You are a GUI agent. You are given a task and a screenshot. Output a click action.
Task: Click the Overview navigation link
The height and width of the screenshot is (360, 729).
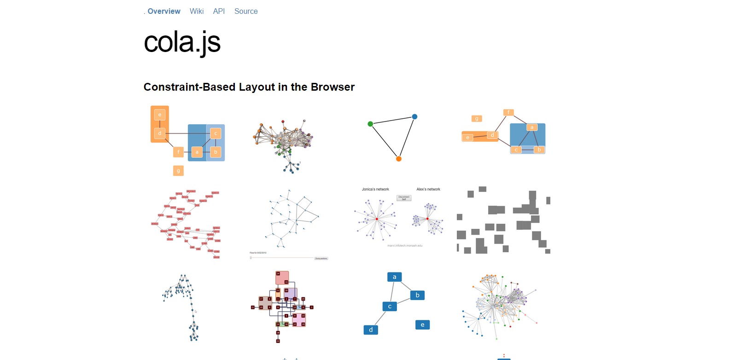pyautogui.click(x=164, y=12)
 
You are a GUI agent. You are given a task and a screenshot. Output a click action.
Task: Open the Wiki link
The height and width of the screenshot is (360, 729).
pyautogui.click(x=197, y=12)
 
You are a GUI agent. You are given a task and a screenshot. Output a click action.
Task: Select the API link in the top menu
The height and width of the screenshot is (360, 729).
pyautogui.click(x=219, y=12)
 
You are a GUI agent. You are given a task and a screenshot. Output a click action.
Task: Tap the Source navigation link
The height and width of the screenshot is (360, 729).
pyautogui.click(x=246, y=12)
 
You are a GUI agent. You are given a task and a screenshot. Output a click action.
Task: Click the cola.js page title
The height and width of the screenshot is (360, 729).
pyautogui.click(x=182, y=42)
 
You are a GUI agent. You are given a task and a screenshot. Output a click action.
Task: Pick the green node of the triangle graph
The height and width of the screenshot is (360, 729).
pyautogui.click(x=370, y=124)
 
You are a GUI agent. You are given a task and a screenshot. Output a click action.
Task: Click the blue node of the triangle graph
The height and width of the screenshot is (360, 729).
pyautogui.click(x=414, y=117)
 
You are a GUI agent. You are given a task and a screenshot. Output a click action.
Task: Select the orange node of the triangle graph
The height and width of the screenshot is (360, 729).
pyautogui.click(x=399, y=159)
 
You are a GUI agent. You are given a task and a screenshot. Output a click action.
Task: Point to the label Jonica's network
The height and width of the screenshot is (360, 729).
pyautogui.click(x=375, y=189)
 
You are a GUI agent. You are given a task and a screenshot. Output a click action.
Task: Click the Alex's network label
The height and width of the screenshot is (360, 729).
pyautogui.click(x=428, y=189)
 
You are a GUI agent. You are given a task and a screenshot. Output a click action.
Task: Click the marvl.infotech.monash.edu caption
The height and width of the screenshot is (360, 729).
pyautogui.click(x=405, y=246)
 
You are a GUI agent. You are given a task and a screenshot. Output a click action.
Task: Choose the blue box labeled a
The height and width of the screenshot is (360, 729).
pyautogui.click(x=394, y=277)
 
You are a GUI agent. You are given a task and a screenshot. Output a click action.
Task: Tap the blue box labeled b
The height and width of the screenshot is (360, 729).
pyautogui.click(x=417, y=295)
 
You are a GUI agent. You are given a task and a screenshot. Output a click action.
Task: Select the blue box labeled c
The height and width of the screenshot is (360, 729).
pyautogui.click(x=390, y=306)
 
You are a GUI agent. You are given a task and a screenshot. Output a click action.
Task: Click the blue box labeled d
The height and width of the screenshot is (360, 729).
pyautogui.click(x=371, y=330)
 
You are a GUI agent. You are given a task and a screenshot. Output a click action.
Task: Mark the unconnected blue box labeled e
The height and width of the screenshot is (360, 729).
pyautogui.click(x=422, y=325)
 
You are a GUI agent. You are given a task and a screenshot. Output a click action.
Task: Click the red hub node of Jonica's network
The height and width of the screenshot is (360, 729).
pyautogui.click(x=377, y=219)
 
